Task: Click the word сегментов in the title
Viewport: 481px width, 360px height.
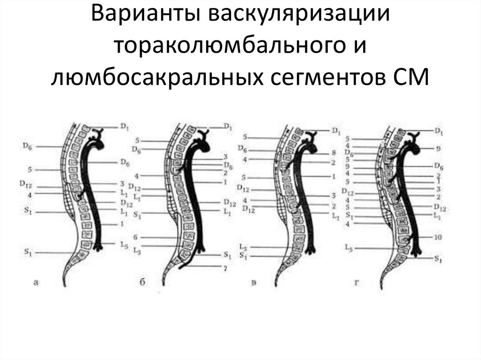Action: tap(326, 77)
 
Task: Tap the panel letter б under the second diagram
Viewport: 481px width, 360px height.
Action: tap(142, 282)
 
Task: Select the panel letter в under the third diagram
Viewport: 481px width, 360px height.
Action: tap(254, 282)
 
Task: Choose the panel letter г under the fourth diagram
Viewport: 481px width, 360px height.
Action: tap(357, 282)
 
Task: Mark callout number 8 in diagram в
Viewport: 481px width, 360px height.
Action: tap(334, 153)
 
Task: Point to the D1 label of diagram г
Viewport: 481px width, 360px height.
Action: tap(438, 131)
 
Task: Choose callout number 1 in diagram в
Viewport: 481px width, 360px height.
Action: tap(333, 176)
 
